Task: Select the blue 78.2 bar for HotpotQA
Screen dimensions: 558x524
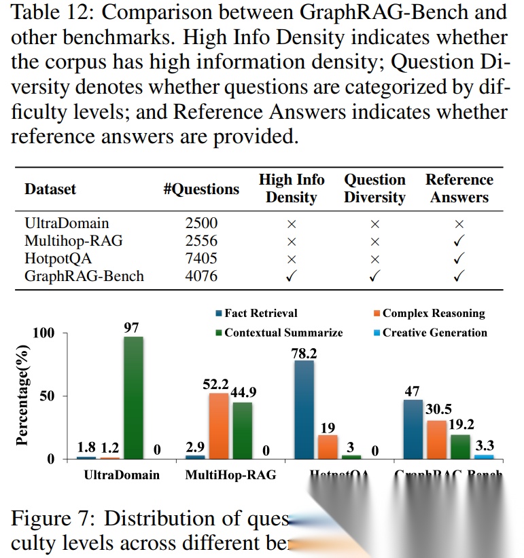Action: pos(304,409)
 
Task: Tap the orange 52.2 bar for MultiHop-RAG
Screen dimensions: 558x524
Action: pos(218,426)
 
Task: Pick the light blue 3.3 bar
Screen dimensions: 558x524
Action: pos(484,456)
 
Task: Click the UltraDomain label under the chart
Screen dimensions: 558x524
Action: pos(122,475)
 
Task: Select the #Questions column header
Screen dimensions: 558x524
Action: pos(201,189)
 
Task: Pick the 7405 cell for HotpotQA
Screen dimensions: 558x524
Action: pos(201,258)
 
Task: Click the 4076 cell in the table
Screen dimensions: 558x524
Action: pos(201,276)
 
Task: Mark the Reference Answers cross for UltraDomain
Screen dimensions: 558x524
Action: pos(459,223)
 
